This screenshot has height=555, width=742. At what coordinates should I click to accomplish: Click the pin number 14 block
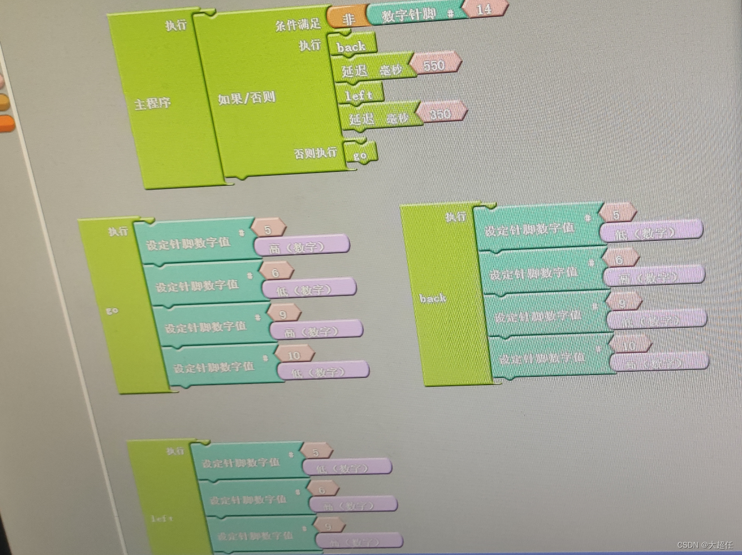[484, 9]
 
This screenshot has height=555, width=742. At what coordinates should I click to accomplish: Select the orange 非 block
[348, 18]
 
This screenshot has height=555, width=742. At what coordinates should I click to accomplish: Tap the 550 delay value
[434, 65]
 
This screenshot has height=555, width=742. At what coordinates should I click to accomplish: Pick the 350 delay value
[440, 114]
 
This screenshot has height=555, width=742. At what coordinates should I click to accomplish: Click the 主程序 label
[152, 104]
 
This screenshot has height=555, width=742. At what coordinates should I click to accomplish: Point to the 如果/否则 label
[246, 99]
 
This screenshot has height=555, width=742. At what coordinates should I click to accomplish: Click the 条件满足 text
[298, 24]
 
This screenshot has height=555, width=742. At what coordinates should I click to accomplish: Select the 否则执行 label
[315, 153]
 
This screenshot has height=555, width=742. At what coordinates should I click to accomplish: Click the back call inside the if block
[351, 47]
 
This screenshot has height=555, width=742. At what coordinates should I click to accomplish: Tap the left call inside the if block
[358, 95]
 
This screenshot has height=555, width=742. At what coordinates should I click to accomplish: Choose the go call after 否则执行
[360, 155]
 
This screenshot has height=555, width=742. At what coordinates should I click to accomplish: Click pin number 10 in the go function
[293, 355]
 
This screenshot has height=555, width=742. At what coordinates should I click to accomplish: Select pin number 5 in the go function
[268, 229]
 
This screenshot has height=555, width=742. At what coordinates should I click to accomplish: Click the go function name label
[112, 310]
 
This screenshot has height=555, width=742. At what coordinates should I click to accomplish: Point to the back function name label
[433, 298]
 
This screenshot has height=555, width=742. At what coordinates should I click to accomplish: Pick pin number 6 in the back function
[619, 259]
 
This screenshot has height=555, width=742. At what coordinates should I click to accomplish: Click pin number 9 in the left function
[328, 526]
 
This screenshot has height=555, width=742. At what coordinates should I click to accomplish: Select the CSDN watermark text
[705, 544]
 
